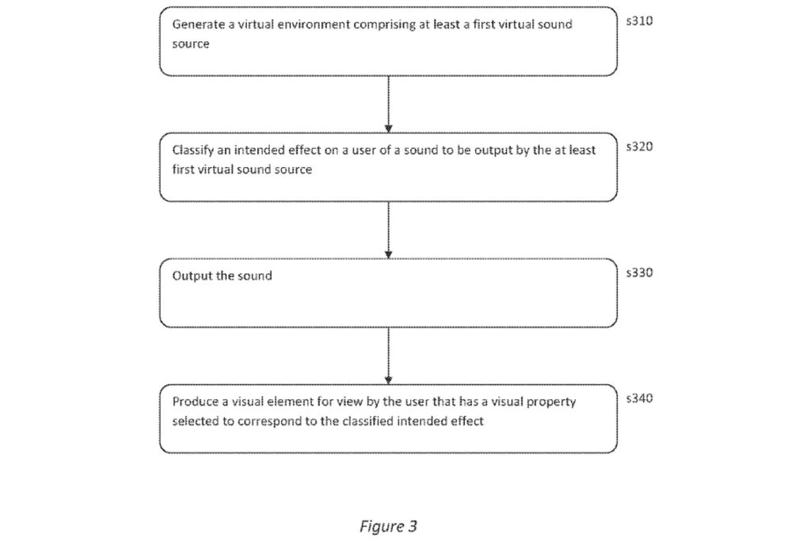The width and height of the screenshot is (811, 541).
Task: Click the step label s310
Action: (x=639, y=21)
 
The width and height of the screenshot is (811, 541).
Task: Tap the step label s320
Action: (x=639, y=147)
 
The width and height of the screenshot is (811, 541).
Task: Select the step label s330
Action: (x=639, y=272)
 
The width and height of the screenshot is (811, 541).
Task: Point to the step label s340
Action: (x=639, y=398)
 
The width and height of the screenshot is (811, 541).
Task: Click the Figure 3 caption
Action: (x=388, y=527)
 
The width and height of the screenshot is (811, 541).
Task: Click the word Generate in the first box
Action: (x=198, y=25)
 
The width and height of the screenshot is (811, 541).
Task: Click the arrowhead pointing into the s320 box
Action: (x=388, y=128)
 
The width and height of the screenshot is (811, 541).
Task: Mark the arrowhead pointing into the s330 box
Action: (x=388, y=254)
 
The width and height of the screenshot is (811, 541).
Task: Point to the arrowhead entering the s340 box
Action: (x=388, y=380)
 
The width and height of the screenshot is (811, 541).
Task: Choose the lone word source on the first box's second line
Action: (x=191, y=44)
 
